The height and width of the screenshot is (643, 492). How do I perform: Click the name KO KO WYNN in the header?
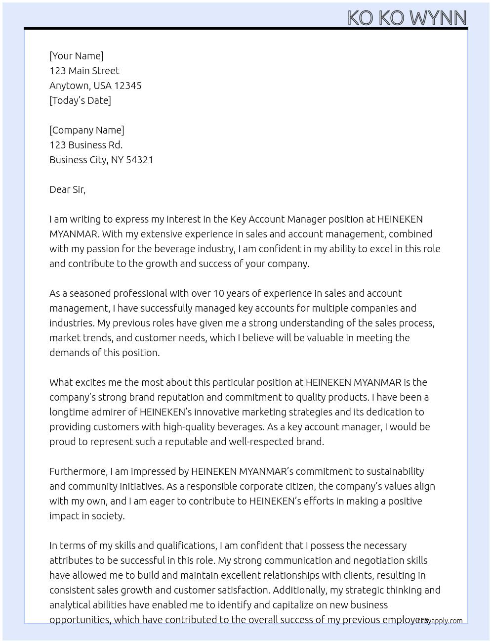click(x=407, y=18)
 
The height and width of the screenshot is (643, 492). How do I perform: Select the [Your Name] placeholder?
click(x=76, y=56)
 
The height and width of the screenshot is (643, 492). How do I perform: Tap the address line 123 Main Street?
click(x=84, y=71)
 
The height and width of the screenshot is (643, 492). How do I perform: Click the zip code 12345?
click(x=128, y=86)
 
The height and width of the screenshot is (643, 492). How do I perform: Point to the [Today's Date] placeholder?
click(x=80, y=100)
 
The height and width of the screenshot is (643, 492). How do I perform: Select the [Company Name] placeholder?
click(x=86, y=130)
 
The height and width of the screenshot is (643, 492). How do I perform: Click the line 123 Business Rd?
click(x=86, y=145)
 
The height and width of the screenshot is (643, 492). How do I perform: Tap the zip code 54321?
click(x=140, y=160)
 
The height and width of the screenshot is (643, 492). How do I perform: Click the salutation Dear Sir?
click(x=67, y=189)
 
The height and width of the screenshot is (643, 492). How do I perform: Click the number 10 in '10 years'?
click(x=218, y=293)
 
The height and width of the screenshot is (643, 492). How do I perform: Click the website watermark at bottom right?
click(x=440, y=621)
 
